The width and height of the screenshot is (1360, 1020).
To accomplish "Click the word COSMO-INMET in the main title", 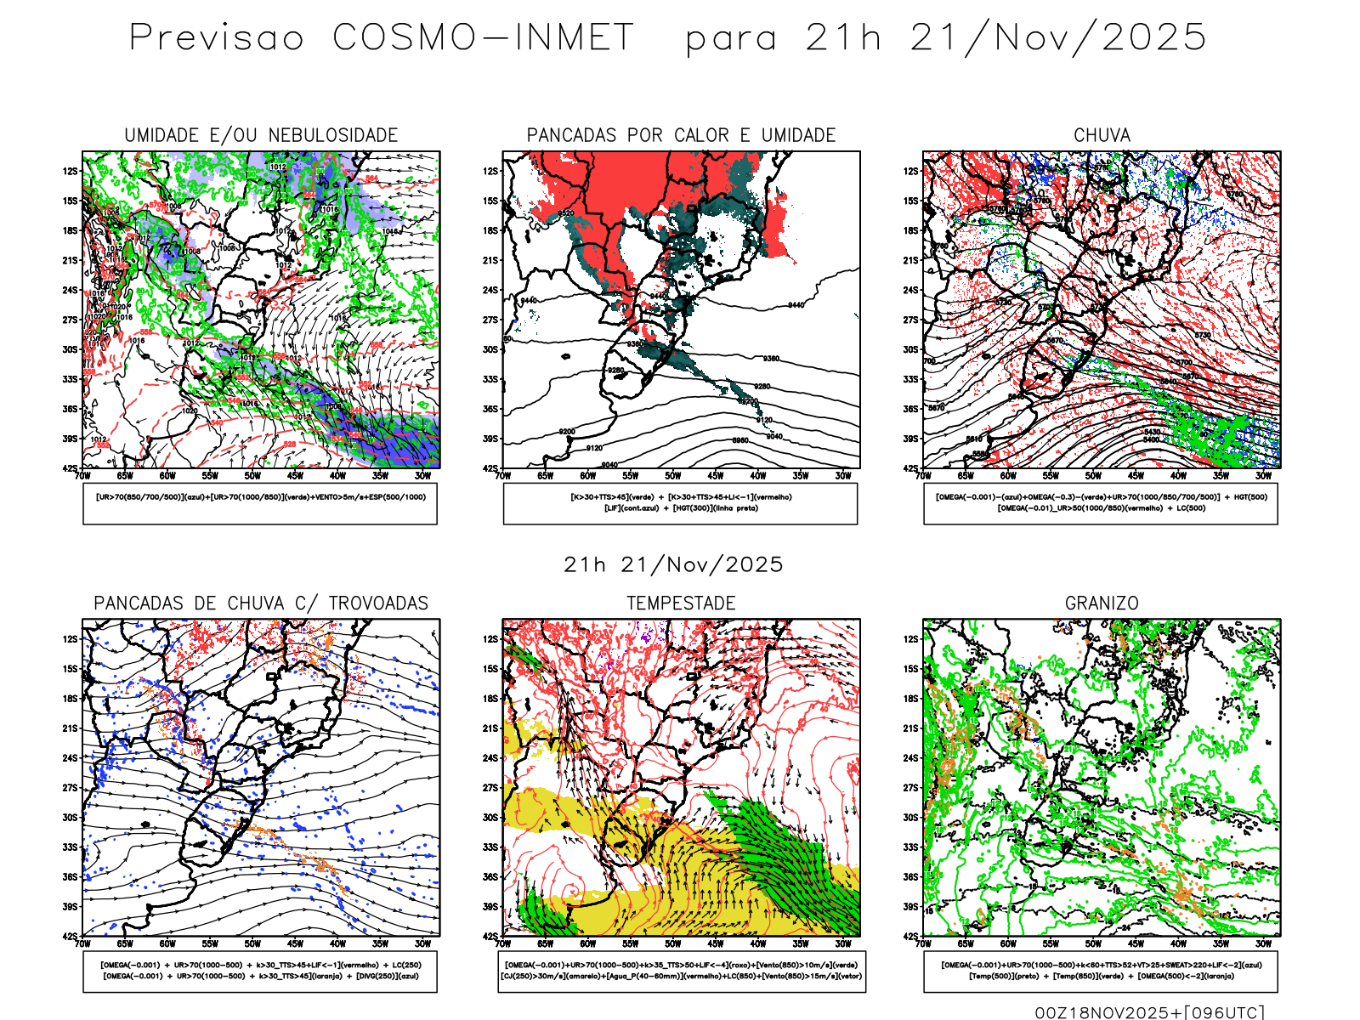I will tap(483, 37).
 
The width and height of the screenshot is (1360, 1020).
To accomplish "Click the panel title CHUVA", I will tap(1102, 135).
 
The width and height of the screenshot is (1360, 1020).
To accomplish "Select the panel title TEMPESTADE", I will tap(681, 603).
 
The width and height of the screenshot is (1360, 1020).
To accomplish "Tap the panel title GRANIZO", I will tap(1102, 603).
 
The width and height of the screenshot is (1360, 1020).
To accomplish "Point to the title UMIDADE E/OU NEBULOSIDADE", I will tap(261, 135).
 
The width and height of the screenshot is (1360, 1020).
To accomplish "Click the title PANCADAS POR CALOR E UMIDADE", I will tap(681, 135).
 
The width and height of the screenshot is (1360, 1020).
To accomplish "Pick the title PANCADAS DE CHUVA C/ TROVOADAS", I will tap(261, 603).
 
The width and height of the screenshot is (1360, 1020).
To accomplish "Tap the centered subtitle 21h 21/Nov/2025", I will tap(673, 564).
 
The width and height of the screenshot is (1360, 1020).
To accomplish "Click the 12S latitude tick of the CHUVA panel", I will tap(911, 172).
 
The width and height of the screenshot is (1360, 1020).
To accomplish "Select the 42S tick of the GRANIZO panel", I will tap(911, 937).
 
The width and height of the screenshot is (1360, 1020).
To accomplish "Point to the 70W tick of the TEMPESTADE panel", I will tap(503, 943).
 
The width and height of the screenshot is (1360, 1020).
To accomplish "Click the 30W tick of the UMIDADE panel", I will tap(422, 476).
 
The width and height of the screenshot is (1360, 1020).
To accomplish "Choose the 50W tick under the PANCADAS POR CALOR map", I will tap(673, 476).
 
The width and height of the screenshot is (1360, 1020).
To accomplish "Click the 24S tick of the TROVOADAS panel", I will tap(70, 758).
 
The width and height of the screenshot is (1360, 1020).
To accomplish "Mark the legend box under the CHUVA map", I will tap(1101, 503).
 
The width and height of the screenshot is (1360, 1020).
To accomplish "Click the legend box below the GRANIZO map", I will tap(1101, 971).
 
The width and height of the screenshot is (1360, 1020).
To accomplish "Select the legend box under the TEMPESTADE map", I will tap(681, 971).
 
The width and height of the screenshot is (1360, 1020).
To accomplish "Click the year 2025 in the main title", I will tap(1153, 37).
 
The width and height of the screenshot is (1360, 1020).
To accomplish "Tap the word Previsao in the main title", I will tap(217, 37).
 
